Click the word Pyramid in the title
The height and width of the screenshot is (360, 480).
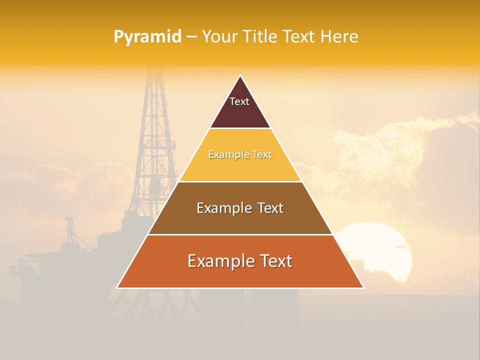click(147, 36)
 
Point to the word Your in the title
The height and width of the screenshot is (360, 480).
click(218, 36)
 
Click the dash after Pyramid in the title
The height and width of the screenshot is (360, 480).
click(191, 37)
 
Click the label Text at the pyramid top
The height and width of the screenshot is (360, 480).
click(239, 101)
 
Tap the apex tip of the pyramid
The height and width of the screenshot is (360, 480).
click(240, 76)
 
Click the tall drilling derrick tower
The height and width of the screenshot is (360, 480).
click(154, 140)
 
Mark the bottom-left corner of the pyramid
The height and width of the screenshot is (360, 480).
click(117, 287)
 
